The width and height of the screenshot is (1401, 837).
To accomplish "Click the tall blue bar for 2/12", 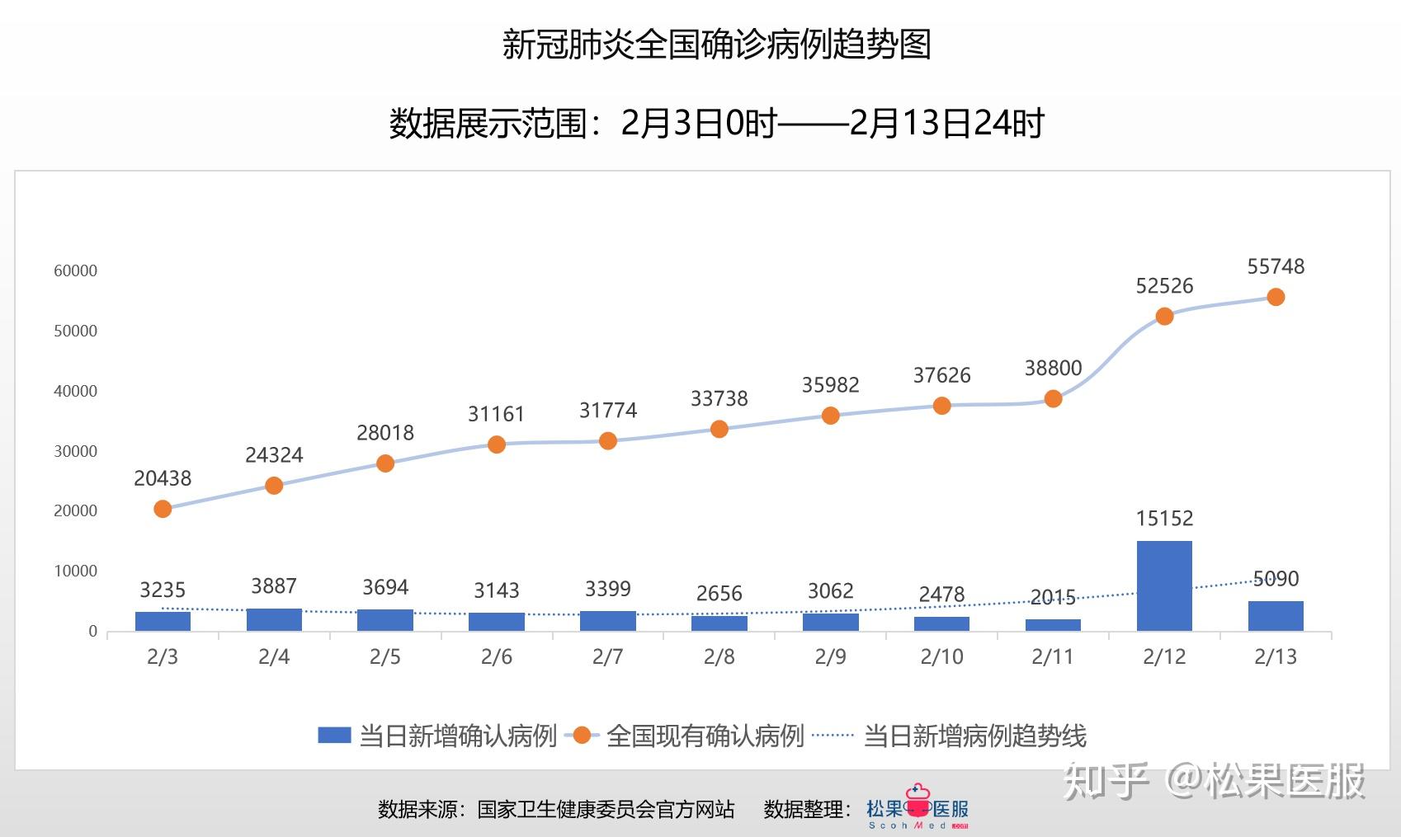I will (1164, 585).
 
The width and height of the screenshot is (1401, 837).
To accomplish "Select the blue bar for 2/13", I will (1276, 616).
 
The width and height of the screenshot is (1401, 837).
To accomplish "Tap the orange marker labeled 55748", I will (1276, 297).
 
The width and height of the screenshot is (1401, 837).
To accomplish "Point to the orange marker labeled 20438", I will (163, 509).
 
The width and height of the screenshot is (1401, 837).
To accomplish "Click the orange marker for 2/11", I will (1053, 399).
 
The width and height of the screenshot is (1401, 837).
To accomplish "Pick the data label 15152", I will (1164, 519).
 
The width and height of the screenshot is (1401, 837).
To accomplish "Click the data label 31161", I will (496, 414).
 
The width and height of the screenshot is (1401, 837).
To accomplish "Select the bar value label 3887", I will (274, 586).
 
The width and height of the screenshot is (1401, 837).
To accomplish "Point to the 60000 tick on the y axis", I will (75, 271).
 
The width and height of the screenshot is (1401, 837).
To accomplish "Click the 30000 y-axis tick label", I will (75, 452).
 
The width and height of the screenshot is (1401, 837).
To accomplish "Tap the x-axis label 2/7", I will (607, 657).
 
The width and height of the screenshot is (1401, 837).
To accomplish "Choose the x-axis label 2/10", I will (941, 657).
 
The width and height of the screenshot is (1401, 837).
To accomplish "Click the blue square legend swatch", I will (334, 736).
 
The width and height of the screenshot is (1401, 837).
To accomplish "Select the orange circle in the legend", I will (582, 736).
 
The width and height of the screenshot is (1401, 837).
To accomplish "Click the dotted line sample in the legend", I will (833, 736).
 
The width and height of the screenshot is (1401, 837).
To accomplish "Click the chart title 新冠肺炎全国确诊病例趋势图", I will (716, 45).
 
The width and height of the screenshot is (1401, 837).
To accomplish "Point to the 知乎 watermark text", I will (1106, 780).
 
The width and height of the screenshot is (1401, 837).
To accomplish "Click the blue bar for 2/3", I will (163, 621).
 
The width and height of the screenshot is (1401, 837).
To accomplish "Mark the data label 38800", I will (1053, 369).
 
